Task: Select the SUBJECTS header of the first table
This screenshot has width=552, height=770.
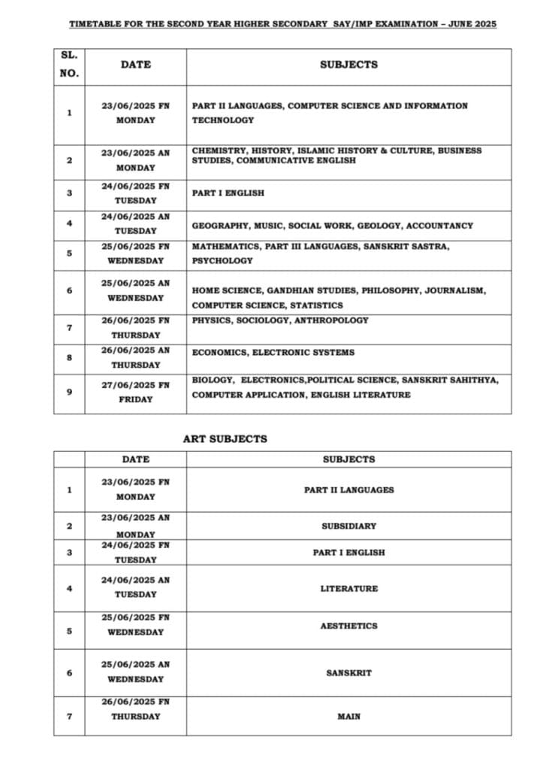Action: tap(348, 65)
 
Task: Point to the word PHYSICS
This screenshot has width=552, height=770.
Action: tap(210, 320)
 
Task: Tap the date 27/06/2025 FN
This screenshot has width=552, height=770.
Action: tap(135, 385)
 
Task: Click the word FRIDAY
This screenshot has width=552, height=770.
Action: tap(135, 399)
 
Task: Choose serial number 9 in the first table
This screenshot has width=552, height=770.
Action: tap(69, 391)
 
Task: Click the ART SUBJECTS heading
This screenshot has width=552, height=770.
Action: tap(225, 438)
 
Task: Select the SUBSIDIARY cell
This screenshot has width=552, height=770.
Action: tap(348, 526)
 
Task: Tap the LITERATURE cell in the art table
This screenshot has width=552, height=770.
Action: tap(348, 589)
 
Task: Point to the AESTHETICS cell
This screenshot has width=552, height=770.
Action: tap(348, 626)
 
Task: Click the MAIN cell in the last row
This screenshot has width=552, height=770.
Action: tap(348, 717)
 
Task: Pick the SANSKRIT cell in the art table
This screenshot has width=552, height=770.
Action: tap(348, 673)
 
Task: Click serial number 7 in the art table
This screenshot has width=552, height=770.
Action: tap(69, 716)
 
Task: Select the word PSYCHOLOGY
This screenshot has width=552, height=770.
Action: tap(222, 261)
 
